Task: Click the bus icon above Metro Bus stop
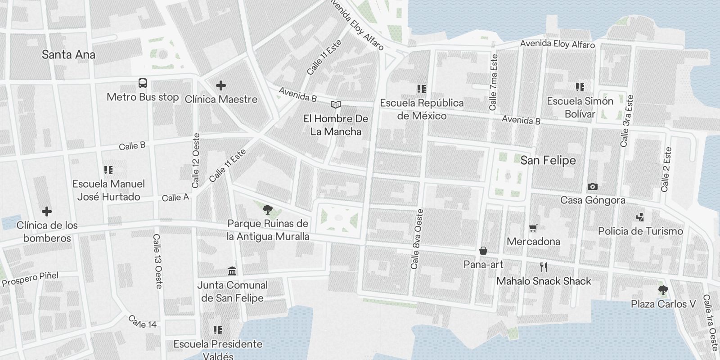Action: tap(143, 83)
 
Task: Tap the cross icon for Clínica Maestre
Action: tap(220, 85)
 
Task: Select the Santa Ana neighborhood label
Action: tap(68, 55)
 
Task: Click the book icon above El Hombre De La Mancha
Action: tap(336, 105)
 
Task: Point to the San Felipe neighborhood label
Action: tap(548, 161)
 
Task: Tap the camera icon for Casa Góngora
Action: tap(593, 186)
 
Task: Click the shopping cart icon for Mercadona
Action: tap(533, 228)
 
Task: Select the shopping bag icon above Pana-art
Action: tap(483, 251)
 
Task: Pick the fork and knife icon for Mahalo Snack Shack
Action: tap(544, 267)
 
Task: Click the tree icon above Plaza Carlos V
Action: tap(663, 290)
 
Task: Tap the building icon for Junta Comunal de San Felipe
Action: tap(232, 271)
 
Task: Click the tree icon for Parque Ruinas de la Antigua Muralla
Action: tap(268, 209)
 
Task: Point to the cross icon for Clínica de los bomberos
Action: tap(47, 211)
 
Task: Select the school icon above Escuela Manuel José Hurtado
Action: tap(108, 170)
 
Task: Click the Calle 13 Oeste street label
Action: tap(157, 261)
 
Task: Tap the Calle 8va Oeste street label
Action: tap(417, 239)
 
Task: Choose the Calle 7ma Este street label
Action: tap(494, 82)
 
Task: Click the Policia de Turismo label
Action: tap(640, 231)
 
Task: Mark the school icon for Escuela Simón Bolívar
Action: tap(580, 87)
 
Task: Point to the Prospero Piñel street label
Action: tap(31, 279)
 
